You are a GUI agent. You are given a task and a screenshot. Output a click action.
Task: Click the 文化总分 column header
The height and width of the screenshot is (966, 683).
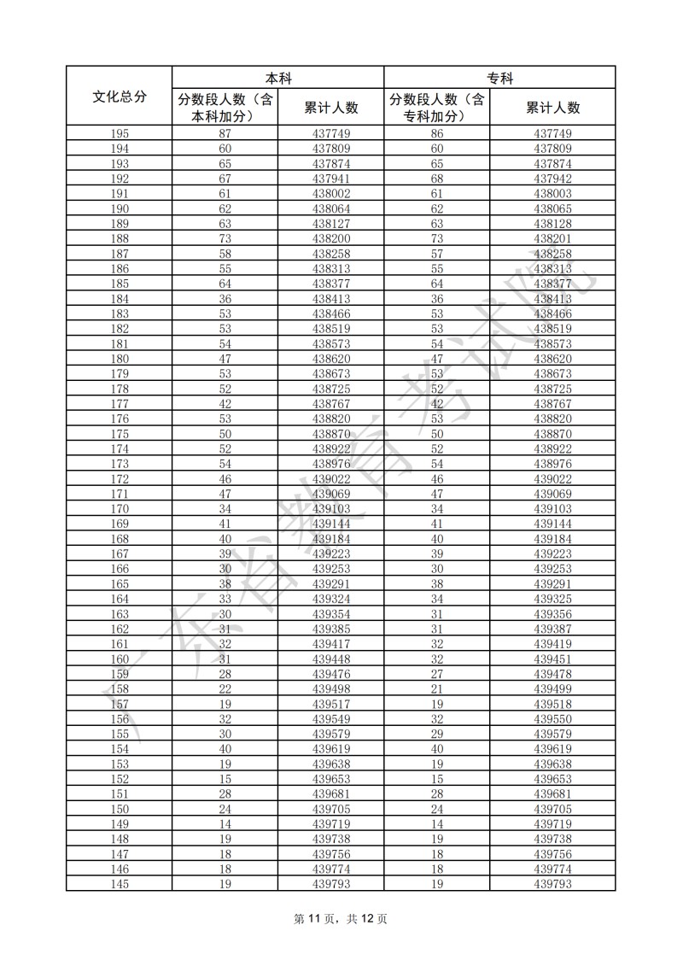pyautogui.click(x=119, y=97)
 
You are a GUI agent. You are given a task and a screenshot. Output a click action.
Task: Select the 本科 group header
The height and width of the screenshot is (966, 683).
pyautogui.click(x=277, y=78)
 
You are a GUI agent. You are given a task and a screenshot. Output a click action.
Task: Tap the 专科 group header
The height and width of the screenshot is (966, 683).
pyautogui.click(x=499, y=78)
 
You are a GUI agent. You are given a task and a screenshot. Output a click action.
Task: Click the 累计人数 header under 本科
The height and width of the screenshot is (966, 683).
pyautogui.click(x=331, y=108)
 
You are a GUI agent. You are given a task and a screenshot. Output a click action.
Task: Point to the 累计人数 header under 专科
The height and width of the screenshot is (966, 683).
pyautogui.click(x=552, y=108)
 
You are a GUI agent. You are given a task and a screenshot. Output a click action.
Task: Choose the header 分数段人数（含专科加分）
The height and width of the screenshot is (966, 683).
pyautogui.click(x=437, y=108)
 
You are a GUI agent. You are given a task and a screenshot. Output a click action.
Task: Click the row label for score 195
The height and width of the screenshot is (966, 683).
pyautogui.click(x=120, y=134)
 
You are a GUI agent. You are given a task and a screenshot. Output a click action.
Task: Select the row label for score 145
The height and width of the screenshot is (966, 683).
pyautogui.click(x=120, y=883)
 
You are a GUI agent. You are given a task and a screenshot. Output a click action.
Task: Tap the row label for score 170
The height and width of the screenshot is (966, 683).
pyautogui.click(x=120, y=508)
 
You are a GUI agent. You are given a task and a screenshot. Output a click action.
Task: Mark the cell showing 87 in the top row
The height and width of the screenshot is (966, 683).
pyautogui.click(x=225, y=134)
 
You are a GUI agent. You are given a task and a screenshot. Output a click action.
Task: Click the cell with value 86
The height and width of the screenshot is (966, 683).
pyautogui.click(x=437, y=134)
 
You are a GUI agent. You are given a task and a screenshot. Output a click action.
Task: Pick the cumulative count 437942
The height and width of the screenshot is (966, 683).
pyautogui.click(x=552, y=179)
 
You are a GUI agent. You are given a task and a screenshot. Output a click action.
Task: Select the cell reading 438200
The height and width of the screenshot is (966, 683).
pyautogui.click(x=331, y=239)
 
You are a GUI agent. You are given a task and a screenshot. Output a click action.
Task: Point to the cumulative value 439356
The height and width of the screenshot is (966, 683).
pyautogui.click(x=552, y=613)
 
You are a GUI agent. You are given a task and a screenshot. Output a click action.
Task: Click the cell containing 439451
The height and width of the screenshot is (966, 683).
pyautogui.click(x=552, y=659)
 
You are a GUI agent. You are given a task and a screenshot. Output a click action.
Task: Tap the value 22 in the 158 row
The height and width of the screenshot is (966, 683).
pyautogui.click(x=225, y=688)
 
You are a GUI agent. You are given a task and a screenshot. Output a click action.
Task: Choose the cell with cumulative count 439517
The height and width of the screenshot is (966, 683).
pyautogui.click(x=331, y=704)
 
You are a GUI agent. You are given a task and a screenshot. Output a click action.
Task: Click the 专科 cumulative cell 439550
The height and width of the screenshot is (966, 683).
pyautogui.click(x=552, y=718)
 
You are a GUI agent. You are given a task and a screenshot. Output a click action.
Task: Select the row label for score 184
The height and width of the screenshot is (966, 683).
pyautogui.click(x=120, y=299)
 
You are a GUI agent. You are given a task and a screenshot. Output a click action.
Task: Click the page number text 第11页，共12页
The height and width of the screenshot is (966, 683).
pyautogui.click(x=341, y=919)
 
